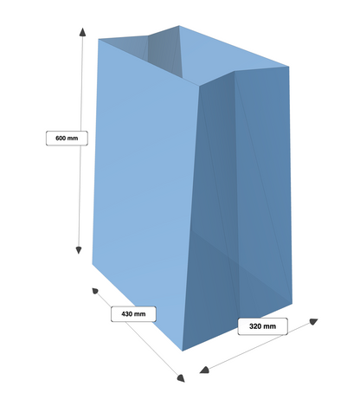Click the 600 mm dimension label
point(67,139)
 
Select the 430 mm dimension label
point(133,314)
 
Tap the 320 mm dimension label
point(262,326)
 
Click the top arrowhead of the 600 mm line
point(83,32)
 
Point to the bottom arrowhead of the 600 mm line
point(79,250)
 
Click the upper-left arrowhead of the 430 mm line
point(95,291)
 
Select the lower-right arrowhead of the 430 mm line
point(181,378)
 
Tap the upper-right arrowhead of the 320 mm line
point(313,321)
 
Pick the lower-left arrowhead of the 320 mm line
point(204,370)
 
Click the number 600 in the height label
point(61,139)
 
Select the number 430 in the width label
point(126,314)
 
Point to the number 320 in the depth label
point(255,326)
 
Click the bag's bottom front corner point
point(183,351)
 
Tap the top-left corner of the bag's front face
point(99,39)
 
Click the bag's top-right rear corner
point(289,67)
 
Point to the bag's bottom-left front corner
point(93,264)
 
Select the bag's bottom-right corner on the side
point(292,303)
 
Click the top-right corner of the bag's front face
point(199,86)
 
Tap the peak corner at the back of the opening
point(179,25)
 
